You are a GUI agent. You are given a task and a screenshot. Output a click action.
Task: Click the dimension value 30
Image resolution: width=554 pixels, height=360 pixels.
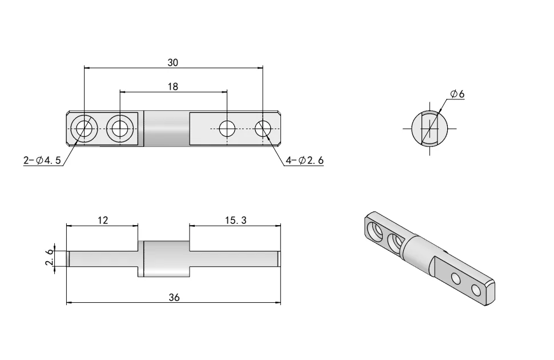coord(172,62)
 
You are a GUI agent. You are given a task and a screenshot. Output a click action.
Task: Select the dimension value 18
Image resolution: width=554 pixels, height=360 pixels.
coord(172,87)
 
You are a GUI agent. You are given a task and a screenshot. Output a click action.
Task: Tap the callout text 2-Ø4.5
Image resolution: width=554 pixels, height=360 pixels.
coord(42,161)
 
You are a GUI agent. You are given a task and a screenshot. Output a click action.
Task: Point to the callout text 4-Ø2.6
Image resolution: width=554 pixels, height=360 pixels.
coord(304,161)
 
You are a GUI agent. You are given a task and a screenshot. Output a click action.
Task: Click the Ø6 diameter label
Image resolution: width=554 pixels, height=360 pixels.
coord(457,94)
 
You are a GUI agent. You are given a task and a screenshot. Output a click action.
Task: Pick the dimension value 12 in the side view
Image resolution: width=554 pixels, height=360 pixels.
coord(102,220)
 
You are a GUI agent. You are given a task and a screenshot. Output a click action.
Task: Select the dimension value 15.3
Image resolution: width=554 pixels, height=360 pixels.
coord(235,220)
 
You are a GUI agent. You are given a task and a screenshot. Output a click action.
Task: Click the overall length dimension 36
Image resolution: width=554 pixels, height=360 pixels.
coord(174,297)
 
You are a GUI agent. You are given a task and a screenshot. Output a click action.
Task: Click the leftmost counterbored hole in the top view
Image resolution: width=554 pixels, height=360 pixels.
coord(85,129)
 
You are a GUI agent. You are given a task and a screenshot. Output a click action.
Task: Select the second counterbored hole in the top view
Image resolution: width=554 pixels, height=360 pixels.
coord(120,129)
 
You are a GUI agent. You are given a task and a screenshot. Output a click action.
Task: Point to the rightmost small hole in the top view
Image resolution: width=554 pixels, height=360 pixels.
coord(263,129)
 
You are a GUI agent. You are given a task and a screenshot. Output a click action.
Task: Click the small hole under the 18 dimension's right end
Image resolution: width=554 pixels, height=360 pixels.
coord(227,129)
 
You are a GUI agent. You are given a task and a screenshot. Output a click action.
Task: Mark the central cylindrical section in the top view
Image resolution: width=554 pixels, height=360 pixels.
coord(166,129)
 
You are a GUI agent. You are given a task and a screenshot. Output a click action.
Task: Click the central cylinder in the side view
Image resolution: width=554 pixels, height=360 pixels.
coord(166,259)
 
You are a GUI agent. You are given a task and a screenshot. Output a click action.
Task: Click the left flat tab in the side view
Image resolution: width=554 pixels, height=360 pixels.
coord(103,259)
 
